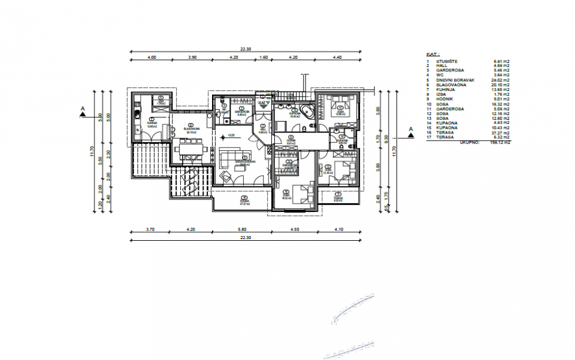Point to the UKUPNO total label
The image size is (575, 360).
click(x=469, y=143)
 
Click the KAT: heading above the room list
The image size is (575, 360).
click(x=432, y=53)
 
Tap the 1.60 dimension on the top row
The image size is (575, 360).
click(x=263, y=57)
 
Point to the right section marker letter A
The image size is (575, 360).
click(x=411, y=129)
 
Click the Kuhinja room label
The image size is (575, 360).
click(x=152, y=124)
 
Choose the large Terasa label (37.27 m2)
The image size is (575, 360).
click(x=244, y=201)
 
